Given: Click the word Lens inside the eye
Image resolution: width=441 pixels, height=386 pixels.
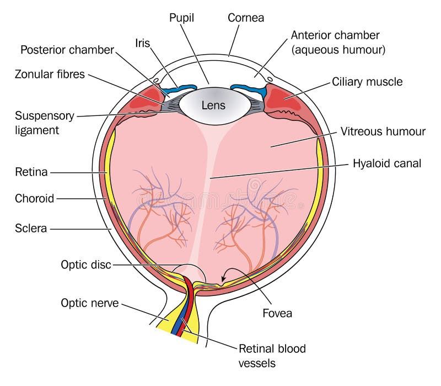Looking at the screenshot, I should tap(214, 105).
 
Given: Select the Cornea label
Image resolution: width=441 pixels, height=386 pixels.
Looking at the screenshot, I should tap(246, 18).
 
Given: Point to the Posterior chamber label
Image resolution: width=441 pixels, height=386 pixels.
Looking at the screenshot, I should tap(67, 50).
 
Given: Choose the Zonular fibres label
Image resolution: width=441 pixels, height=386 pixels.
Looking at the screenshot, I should tap(51, 74).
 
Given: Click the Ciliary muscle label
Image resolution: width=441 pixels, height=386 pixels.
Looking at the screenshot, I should tap(367, 82).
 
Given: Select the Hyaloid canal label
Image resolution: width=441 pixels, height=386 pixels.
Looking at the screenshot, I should tap(387, 163).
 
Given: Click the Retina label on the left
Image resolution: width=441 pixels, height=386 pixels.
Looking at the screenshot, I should tap(30, 173).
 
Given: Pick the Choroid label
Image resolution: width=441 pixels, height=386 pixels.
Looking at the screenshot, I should tap(34, 199).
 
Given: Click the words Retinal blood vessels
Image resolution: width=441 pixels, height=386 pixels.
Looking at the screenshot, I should tap(272, 356).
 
